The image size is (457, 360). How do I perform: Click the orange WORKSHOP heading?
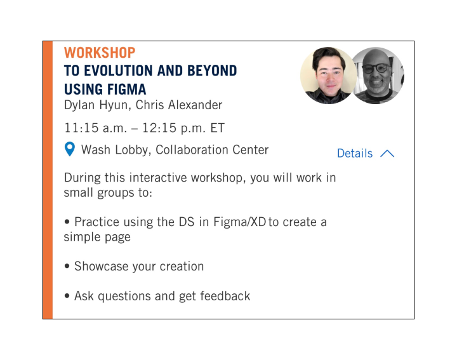click(100, 53)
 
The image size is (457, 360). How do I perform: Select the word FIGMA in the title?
click(124, 88)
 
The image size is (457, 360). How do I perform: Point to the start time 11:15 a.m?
click(93, 128)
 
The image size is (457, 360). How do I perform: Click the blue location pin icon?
click(70, 150)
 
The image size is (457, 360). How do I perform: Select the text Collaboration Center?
click(212, 150)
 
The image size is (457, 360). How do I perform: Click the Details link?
click(355, 154)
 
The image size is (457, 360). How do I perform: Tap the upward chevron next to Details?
click(387, 154)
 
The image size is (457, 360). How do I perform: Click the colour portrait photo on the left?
click(328, 76)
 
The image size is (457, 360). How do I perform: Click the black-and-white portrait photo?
click(378, 76)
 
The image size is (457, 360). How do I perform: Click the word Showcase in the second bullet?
click(102, 267)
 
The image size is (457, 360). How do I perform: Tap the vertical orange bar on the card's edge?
click(48, 180)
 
